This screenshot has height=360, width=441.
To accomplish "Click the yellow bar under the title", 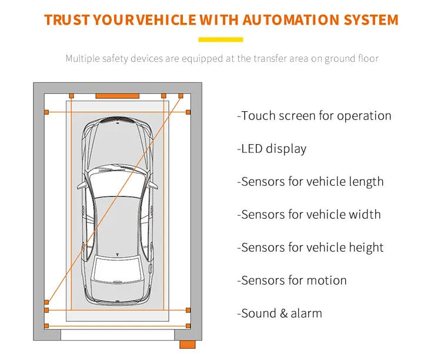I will (220, 40).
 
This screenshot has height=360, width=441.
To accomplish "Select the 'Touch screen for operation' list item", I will (314, 116).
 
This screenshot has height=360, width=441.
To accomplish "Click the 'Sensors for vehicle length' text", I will (310, 182).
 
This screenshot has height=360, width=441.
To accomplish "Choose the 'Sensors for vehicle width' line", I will (309, 215).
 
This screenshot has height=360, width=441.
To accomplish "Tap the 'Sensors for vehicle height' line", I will (310, 248).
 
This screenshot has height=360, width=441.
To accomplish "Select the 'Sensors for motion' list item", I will (292, 281).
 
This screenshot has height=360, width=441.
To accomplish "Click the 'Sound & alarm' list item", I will (279, 314).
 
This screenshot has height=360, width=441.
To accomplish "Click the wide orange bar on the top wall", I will (118, 95).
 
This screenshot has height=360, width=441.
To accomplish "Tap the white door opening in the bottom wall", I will (118, 335).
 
